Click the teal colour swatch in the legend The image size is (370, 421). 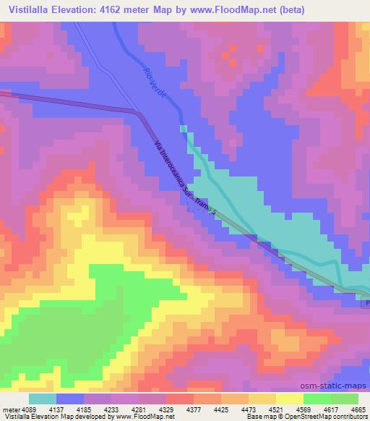pos(43,399)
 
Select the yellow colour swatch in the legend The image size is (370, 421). pos(288,399)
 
